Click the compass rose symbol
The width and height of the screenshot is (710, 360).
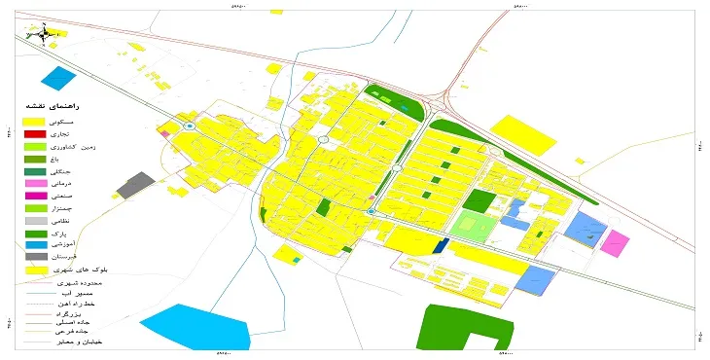tap(39, 34)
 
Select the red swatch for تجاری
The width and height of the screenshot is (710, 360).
tap(34, 132)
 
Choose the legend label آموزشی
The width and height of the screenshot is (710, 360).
tap(75, 245)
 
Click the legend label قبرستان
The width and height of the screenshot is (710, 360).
tap(76, 258)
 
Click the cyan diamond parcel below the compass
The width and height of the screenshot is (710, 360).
tap(58, 77)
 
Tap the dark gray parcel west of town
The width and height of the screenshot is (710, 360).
tap(136, 184)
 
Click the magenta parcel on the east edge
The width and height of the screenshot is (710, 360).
tap(615, 242)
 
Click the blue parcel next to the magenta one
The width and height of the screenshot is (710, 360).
tap(585, 230)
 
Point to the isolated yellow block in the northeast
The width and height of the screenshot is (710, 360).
tap(521, 134)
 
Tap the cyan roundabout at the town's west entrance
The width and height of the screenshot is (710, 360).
tap(191, 126)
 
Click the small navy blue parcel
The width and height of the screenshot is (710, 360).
tap(441, 245)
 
